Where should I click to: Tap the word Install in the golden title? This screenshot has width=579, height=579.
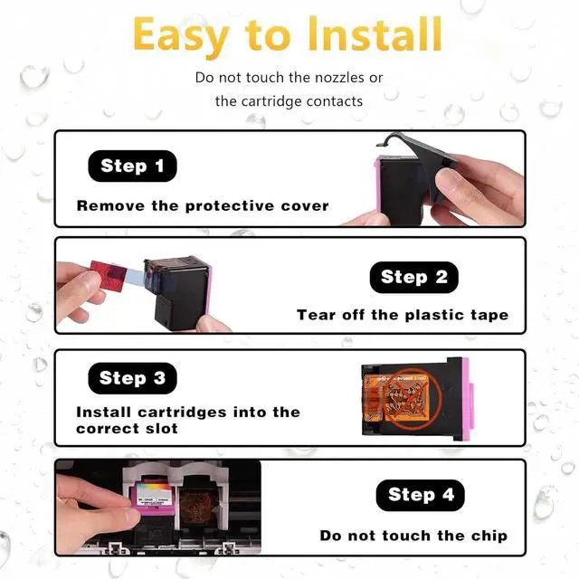pos(375,34)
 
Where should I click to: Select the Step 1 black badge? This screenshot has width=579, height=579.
pos(133,166)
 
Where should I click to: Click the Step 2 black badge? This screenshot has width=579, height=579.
pos(414,277)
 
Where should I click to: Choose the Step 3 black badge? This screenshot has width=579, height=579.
pos(133,378)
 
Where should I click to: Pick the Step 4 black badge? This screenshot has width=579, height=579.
pos(420,495)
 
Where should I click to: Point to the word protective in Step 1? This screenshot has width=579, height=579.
pos(229,206)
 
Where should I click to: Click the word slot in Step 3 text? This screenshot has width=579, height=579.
pos(161,428)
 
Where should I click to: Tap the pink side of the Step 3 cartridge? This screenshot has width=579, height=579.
pos(466,399)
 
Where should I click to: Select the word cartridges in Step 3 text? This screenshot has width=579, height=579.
pos(183,413)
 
